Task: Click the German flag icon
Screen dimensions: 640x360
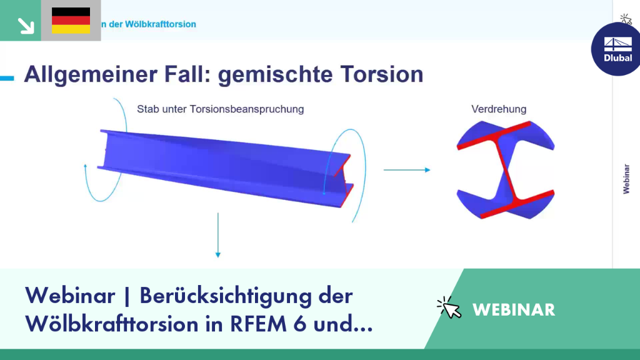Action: coord(71,21)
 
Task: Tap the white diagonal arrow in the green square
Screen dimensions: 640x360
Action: coord(26,26)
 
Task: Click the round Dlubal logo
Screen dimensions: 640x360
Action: coord(616,49)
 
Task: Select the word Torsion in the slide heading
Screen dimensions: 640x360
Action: coord(382,74)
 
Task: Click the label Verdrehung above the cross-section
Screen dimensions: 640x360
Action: coord(499,109)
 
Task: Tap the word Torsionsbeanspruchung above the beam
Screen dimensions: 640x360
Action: coord(246,109)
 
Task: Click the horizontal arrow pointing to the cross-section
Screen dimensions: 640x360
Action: coord(407,170)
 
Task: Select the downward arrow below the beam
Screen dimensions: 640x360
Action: coord(218,235)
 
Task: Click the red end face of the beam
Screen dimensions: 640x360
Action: coord(344,181)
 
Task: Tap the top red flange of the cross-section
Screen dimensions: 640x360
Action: coord(494,136)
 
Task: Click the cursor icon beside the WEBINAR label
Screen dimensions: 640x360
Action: coord(449,307)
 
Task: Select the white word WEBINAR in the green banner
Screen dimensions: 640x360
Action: coord(514,310)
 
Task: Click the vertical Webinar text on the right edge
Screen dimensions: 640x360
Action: coord(626,179)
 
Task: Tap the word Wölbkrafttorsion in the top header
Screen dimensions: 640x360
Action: coord(161,24)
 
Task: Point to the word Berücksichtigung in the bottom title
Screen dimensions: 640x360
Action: coord(226,296)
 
